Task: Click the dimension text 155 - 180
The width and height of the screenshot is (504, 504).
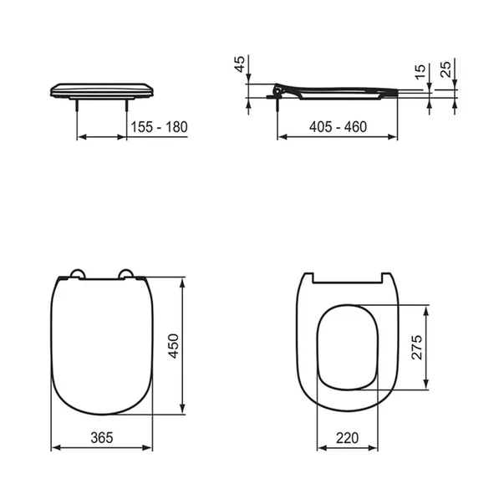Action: [159, 127]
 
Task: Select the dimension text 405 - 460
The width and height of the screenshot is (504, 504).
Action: [338, 127]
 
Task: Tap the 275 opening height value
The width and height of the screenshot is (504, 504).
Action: [419, 348]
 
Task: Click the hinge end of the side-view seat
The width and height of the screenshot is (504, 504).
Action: [278, 88]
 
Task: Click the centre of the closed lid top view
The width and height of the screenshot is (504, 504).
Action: [101, 343]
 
